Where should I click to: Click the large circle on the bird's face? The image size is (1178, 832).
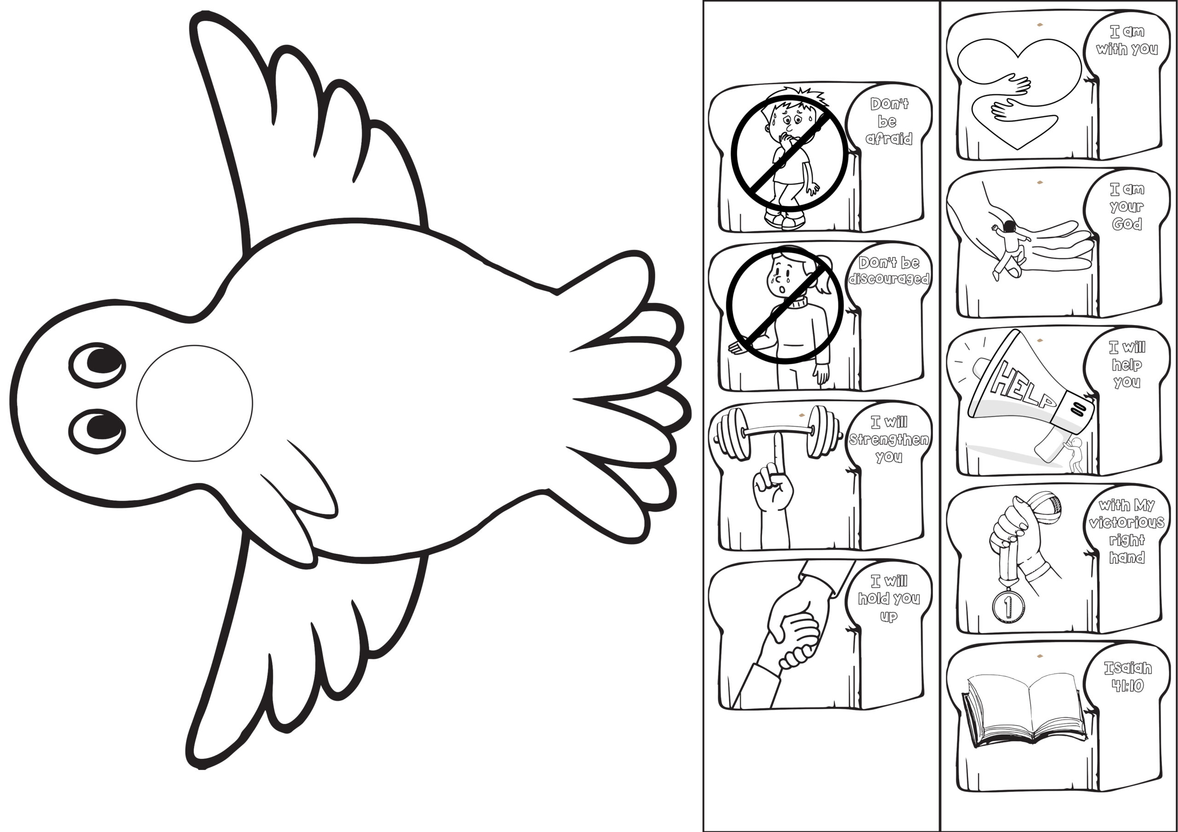(x=195, y=404)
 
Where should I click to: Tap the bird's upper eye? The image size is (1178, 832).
(x=98, y=365)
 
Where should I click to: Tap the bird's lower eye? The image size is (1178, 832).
(x=98, y=431)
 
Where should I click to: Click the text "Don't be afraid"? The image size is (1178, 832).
(x=889, y=121)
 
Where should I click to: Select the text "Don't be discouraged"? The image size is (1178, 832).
(x=889, y=270)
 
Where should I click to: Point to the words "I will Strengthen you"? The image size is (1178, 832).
(x=889, y=439)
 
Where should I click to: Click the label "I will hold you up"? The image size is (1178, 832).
(x=889, y=598)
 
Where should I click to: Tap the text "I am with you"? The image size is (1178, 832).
(x=1127, y=40)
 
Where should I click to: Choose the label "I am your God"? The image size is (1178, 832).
(x=1127, y=206)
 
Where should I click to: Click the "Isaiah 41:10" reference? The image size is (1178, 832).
(x=1127, y=677)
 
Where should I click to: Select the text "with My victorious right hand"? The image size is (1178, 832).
(x=1127, y=531)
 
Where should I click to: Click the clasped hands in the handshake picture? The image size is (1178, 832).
(x=793, y=636)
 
